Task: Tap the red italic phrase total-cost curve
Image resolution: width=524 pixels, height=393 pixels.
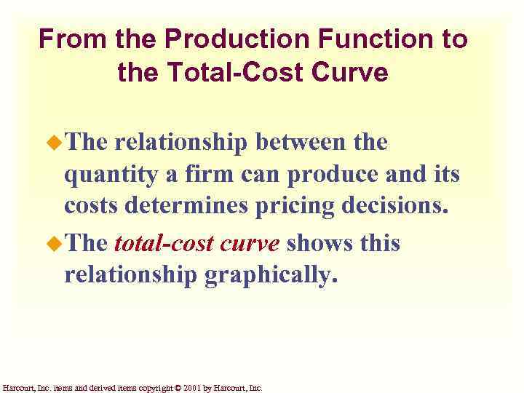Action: coord(196,243)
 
